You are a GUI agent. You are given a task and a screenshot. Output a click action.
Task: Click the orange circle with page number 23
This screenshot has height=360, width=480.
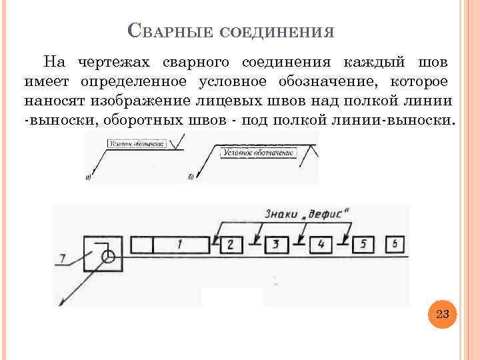442,313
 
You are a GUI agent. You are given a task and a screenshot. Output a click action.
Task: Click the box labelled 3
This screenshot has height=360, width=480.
276,245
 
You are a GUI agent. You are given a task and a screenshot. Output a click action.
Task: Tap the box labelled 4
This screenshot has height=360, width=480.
321,245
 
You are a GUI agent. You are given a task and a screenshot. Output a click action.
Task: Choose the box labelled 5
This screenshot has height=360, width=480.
363,245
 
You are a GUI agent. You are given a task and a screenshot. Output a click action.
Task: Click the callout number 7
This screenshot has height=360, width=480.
63,257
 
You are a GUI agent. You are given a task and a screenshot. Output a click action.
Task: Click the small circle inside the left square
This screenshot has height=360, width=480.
108,255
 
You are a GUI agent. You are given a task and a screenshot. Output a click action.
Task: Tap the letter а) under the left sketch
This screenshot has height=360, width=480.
89,177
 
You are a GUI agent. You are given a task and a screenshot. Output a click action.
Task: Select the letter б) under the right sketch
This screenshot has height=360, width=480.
191,177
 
